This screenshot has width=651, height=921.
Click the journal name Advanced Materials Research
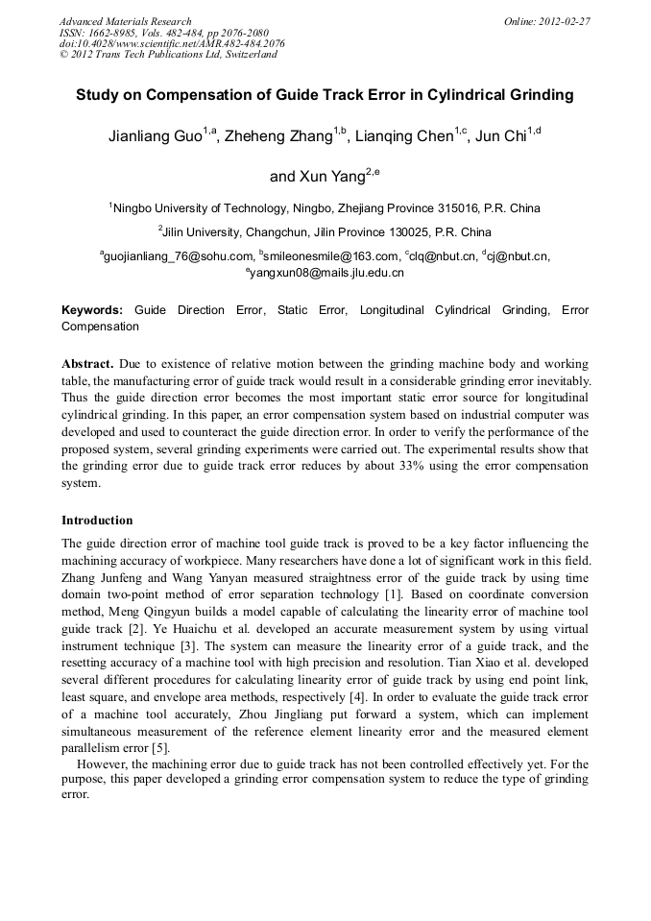point(125,21)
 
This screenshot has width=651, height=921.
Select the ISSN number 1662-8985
point(114,33)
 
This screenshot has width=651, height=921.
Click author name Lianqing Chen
point(403,137)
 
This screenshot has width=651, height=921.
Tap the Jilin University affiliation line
point(326,232)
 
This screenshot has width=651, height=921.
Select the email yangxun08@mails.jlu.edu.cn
point(327,273)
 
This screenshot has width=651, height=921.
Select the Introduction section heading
point(97,521)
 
